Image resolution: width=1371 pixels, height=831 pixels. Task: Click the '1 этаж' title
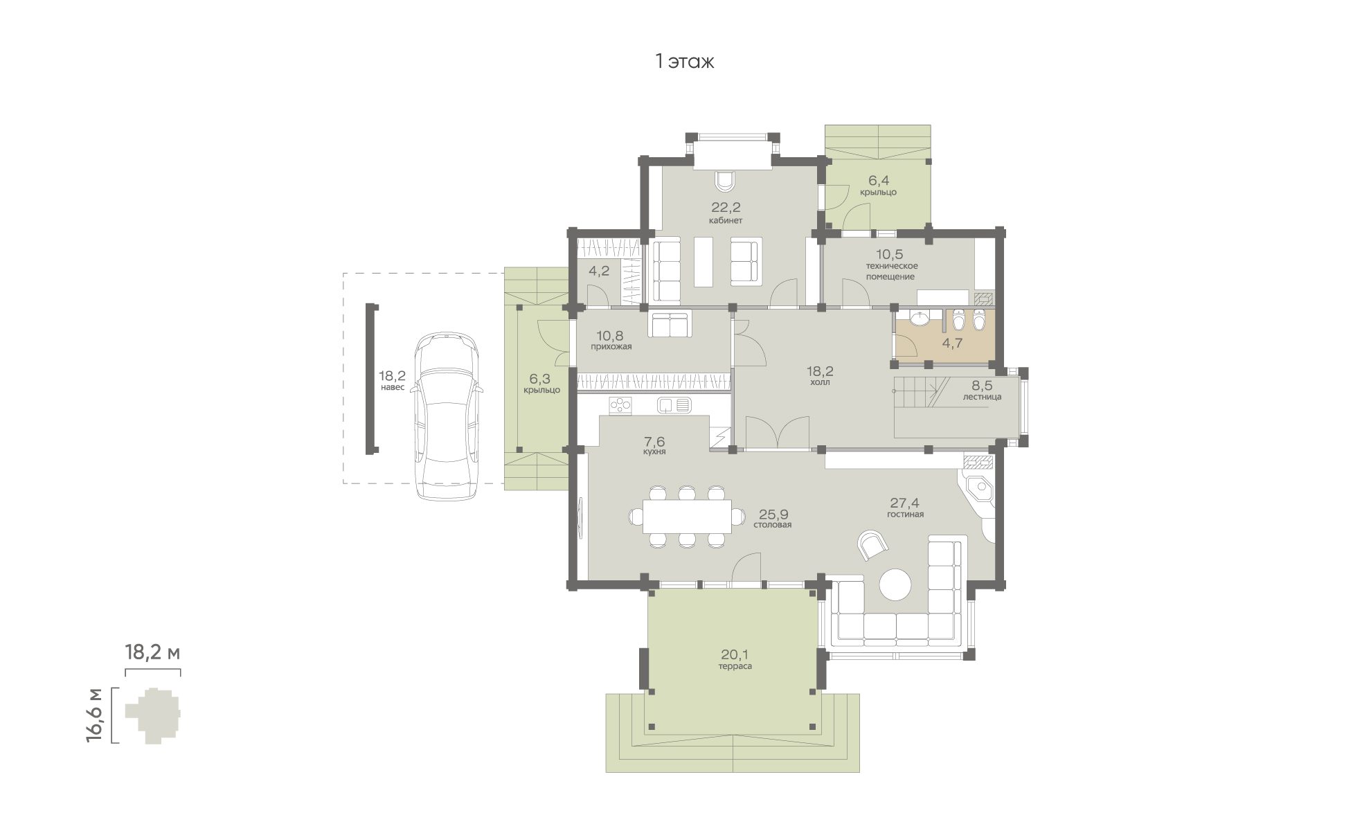685,62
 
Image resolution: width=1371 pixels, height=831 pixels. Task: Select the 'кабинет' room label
725,221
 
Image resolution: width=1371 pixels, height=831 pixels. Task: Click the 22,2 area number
725,207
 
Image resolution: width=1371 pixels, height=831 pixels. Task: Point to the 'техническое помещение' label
890,271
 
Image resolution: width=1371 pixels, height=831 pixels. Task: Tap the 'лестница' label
982,397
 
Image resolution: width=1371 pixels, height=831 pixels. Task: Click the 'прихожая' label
611,346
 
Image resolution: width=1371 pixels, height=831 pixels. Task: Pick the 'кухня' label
654,452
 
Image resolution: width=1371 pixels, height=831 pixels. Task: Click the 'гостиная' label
905,515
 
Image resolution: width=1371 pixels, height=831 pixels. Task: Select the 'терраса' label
735,666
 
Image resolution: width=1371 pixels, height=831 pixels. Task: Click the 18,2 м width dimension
152,652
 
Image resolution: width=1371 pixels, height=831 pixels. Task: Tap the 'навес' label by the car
391,387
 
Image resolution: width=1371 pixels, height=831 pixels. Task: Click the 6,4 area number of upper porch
878,181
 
